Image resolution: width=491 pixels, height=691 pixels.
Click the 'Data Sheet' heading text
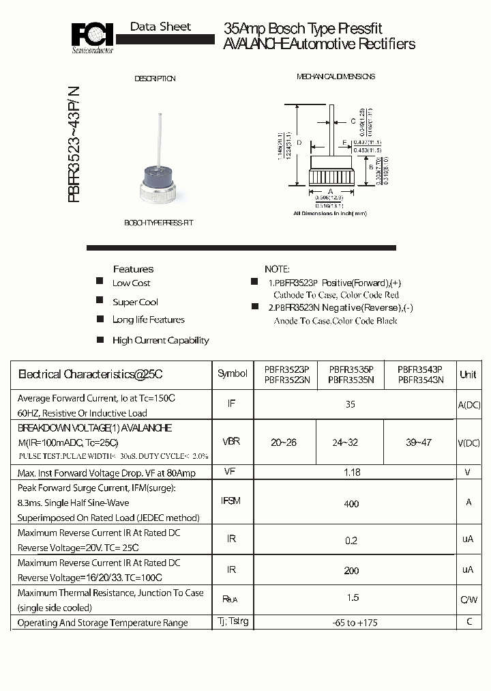[160, 27]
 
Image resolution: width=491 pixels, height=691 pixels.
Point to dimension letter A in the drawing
[330, 192]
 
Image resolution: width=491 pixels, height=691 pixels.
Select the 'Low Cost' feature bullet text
[131, 283]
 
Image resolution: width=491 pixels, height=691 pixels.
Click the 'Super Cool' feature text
[135, 302]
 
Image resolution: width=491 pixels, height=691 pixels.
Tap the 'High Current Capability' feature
[160, 340]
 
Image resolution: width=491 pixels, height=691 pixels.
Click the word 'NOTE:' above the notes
[277, 269]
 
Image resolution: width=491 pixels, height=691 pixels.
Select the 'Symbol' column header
[232, 373]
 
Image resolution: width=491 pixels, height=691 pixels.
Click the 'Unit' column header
[468, 374]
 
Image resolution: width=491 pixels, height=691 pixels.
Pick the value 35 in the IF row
[351, 404]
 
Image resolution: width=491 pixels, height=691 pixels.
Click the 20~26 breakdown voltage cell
[283, 442]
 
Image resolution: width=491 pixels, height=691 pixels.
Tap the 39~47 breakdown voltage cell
[419, 442]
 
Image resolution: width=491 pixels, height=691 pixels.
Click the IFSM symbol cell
[231, 501]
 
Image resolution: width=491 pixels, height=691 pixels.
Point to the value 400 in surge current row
[351, 504]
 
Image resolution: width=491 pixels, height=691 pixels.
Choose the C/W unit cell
[468, 600]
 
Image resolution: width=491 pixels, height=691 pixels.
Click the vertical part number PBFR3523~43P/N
[73, 145]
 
